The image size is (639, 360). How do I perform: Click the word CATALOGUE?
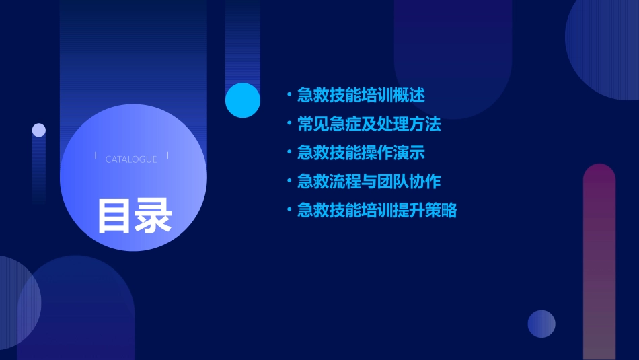point(131,159)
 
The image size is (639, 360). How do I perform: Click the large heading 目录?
point(135,215)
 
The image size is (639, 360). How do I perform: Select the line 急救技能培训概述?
point(361,95)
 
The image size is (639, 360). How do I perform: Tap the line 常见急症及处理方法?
point(369,124)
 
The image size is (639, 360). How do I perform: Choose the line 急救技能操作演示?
point(361,153)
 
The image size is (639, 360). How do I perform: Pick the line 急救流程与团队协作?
point(369,182)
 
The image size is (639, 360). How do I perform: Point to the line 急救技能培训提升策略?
point(377,211)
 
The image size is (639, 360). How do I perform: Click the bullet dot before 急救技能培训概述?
point(289,95)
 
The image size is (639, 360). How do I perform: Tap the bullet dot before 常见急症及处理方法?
point(289,124)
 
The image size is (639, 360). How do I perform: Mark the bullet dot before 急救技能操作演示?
point(289,153)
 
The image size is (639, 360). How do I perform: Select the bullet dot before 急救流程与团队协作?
point(289,182)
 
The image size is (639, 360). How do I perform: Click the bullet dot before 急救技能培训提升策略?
point(289,211)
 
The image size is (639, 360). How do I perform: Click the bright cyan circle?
point(243,100)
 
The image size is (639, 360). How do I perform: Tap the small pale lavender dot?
point(39,130)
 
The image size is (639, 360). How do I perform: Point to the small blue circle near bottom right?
point(541,324)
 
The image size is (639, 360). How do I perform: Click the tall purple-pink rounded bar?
point(599,262)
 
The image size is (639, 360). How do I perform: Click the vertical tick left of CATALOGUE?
point(96,156)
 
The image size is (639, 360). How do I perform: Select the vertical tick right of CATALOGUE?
point(167,156)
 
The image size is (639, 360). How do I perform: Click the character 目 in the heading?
point(115,215)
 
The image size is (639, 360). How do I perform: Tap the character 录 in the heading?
point(153,215)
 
